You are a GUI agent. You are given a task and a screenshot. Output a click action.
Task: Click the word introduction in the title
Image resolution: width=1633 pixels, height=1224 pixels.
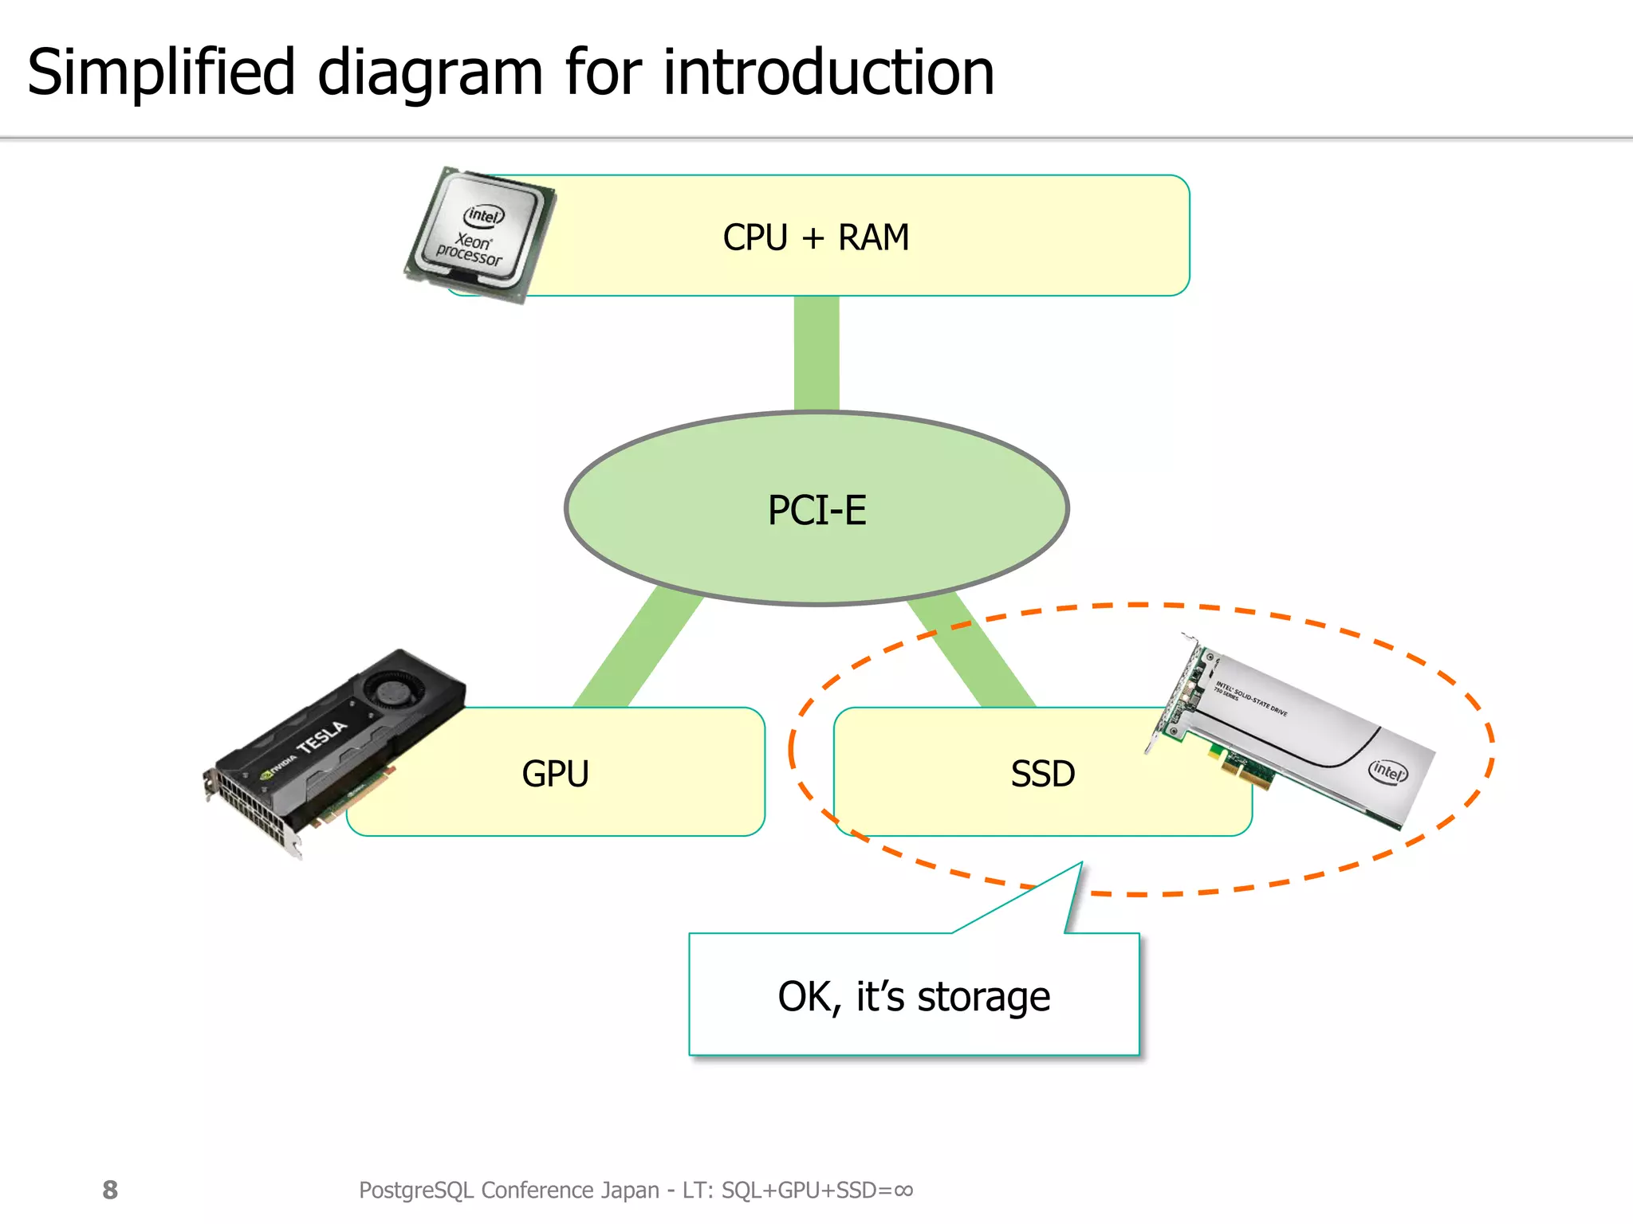(828, 73)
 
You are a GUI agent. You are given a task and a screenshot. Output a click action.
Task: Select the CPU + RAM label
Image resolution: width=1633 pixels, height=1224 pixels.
(816, 237)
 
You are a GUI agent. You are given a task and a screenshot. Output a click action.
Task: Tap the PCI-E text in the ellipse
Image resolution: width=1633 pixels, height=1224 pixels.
(816, 510)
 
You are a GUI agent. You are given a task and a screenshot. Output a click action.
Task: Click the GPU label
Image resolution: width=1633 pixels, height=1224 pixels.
(555, 774)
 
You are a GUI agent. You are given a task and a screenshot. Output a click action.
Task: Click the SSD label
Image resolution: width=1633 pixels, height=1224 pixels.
(1043, 774)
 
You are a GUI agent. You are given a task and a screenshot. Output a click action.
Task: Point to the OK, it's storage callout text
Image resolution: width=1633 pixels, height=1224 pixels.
(914, 997)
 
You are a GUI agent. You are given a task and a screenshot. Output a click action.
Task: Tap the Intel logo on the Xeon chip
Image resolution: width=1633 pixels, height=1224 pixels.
(484, 215)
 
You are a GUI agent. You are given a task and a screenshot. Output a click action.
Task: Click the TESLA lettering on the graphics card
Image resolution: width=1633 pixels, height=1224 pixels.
(322, 737)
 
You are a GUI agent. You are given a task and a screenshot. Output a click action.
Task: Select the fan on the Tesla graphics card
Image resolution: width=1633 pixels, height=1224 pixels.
(392, 689)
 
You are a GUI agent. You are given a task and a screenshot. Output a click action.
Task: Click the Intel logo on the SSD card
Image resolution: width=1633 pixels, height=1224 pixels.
(1387, 771)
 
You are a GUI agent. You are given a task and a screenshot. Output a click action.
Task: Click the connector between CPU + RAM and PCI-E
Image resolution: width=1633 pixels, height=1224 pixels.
(816, 353)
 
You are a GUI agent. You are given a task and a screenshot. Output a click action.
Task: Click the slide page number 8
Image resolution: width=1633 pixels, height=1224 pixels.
(110, 1190)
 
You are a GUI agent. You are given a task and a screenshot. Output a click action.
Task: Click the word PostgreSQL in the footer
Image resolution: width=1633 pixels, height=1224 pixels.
(416, 1190)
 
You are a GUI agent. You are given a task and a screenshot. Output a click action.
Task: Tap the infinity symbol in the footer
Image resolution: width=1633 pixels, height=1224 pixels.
(903, 1190)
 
